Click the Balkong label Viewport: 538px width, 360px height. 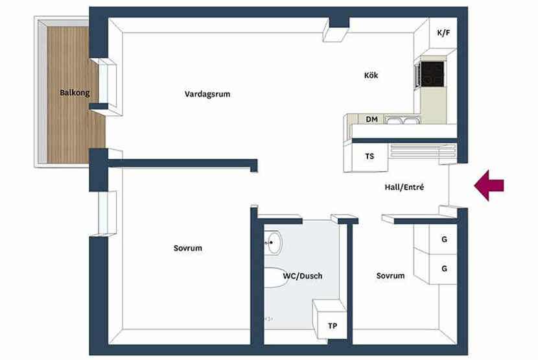(x=75, y=93)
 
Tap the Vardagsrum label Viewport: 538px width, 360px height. (x=207, y=94)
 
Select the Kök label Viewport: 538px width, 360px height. (x=371, y=75)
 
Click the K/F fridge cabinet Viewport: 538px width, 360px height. (x=443, y=33)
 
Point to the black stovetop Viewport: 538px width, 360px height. (x=432, y=74)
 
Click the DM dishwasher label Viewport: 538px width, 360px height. (x=371, y=119)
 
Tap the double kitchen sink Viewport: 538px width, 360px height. (x=401, y=120)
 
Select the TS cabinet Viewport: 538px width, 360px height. (x=369, y=156)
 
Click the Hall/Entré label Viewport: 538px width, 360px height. (x=404, y=187)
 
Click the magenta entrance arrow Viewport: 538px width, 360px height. (x=489, y=186)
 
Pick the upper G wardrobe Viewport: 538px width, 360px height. (x=443, y=239)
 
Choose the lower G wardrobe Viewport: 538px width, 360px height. (x=443, y=269)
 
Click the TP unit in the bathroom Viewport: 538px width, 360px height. (x=332, y=326)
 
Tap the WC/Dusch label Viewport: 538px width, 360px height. (x=303, y=276)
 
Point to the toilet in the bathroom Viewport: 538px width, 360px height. (x=276, y=277)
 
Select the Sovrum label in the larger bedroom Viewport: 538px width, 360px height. (x=188, y=248)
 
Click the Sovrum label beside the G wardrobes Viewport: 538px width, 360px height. (x=390, y=276)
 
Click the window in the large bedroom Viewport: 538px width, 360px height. (x=108, y=213)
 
